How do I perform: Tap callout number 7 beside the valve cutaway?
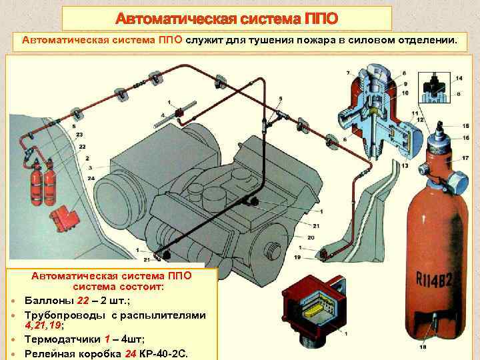coord(348,72)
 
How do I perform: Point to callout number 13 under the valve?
coord(405,165)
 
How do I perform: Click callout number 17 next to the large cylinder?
coord(466,159)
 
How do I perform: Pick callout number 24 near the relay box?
coord(90,177)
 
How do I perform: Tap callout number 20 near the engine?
coord(311,237)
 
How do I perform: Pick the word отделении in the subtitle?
coord(425,40)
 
